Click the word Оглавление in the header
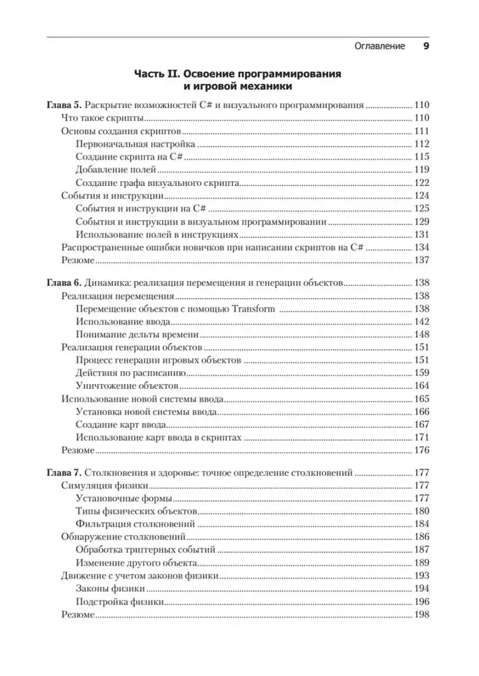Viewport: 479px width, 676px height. tap(380, 47)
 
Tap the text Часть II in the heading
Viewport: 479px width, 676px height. tap(158, 72)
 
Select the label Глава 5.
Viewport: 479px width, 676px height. tap(64, 105)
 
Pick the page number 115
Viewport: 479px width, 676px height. tap(421, 157)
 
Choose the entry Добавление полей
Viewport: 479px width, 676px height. tap(120, 170)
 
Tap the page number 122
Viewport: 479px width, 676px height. tap(421, 183)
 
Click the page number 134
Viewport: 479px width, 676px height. tap(421, 247)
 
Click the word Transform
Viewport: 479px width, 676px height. tap(252, 309)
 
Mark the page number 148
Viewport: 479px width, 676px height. tap(421, 335)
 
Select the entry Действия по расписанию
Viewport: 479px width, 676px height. tap(131, 373)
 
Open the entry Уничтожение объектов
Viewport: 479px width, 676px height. tap(127, 386)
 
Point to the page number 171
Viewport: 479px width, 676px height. tap(421, 437)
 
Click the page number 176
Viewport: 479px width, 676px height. tap(421, 450)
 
